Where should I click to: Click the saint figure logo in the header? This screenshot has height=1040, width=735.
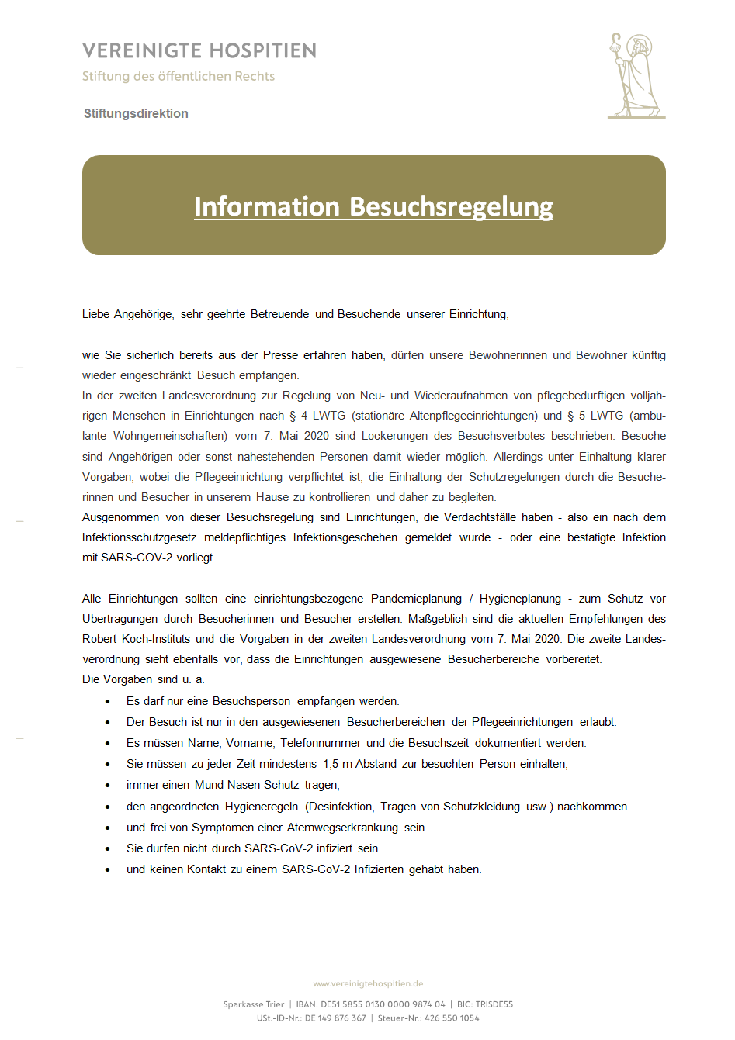(636, 75)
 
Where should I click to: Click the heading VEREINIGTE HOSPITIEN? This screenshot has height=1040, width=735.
(199, 51)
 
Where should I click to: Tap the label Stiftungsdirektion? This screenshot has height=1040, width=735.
(136, 113)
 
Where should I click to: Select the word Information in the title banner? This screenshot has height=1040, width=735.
(267, 206)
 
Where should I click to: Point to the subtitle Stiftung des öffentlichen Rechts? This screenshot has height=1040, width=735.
(179, 76)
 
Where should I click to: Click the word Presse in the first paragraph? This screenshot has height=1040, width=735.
(280, 355)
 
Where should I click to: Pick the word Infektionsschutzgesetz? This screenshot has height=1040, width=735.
(140, 537)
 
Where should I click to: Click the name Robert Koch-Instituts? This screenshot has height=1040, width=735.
(136, 639)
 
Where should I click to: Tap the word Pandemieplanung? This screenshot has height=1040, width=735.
(416, 599)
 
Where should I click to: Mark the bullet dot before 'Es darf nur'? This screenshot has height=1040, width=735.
(107, 702)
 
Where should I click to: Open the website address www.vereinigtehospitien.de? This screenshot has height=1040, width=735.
(368, 983)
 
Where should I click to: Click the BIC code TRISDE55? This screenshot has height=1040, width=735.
(494, 1004)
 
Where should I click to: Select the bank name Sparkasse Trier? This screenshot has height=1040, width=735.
(253, 1004)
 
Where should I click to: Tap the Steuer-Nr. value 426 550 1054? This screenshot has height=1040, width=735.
(452, 1018)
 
